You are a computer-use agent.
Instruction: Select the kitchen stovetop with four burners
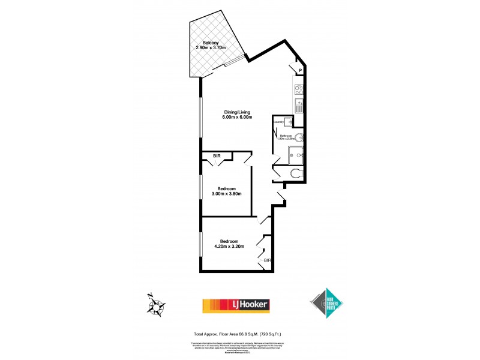tap(298, 91)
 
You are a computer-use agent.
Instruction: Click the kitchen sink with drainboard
tap(299, 107)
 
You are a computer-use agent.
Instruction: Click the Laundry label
tap(279, 122)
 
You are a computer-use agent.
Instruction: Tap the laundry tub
tap(288, 122)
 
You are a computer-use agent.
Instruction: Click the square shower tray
tap(296, 157)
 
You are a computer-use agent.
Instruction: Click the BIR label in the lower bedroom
tap(268, 261)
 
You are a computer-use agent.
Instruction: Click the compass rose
tap(157, 305)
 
